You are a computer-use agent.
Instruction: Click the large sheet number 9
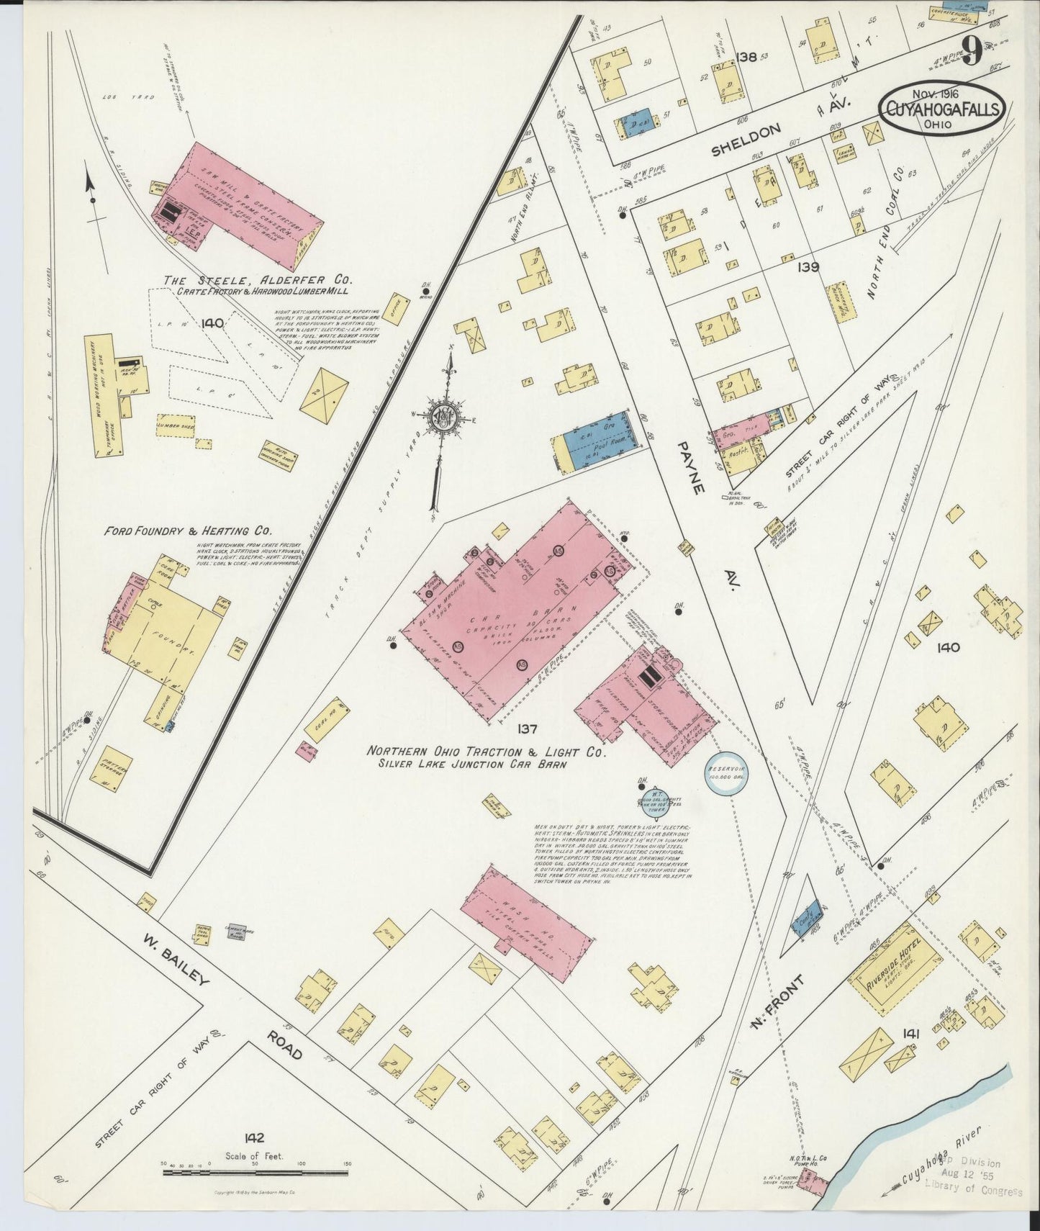[973, 52]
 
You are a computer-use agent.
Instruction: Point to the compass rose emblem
[440, 418]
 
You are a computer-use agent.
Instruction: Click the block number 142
[254, 1138]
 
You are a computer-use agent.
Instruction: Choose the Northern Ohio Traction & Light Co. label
[487, 751]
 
